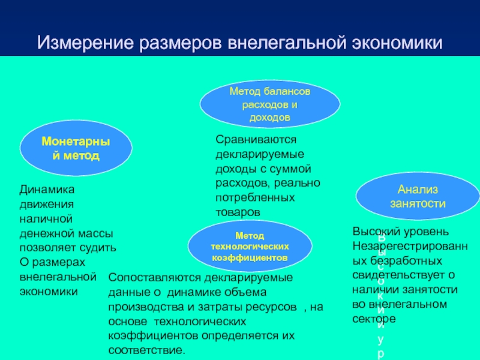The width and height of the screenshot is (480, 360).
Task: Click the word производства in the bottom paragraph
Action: (x=140, y=307)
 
